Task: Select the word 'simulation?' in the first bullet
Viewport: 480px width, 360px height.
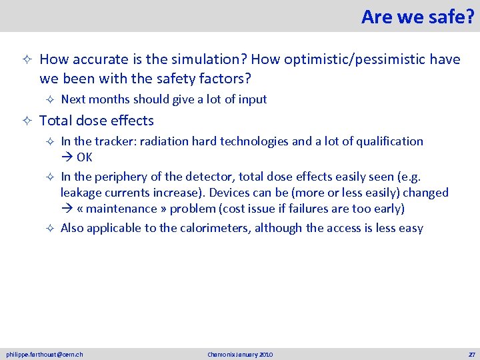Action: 211,59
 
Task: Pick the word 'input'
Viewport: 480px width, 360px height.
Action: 253,99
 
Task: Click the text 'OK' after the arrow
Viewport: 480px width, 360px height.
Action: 85,157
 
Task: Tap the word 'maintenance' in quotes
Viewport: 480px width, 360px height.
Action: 125,209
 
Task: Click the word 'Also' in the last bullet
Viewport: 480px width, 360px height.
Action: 73,229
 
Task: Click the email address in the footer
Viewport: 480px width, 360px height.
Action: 45,355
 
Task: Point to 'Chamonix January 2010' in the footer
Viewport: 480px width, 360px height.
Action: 240,355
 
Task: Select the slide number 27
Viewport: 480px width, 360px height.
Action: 471,355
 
